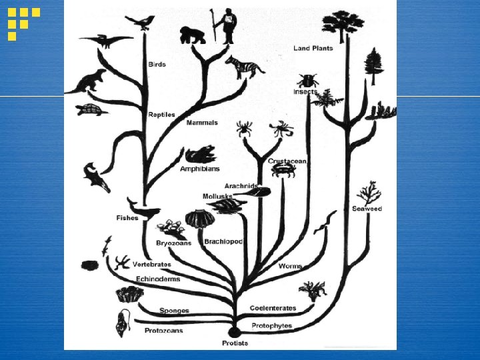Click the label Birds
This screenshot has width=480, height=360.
pyautogui.click(x=157, y=65)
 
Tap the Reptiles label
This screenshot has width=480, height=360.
pyautogui.click(x=161, y=115)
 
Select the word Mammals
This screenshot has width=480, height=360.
pyautogui.click(x=202, y=123)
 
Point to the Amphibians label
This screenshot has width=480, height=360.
pyautogui.click(x=199, y=169)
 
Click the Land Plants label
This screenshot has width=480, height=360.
pyautogui.click(x=313, y=48)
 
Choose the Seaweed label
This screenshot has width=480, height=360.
pyautogui.click(x=367, y=209)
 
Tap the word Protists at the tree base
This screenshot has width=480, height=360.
pyautogui.click(x=235, y=343)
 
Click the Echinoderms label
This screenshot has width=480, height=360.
pyautogui.click(x=158, y=279)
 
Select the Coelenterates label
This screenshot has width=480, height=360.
pyautogui.click(x=273, y=308)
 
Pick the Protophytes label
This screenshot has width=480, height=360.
pyautogui.click(x=272, y=325)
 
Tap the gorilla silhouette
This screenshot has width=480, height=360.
pyautogui.click(x=193, y=35)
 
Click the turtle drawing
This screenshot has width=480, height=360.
pyautogui.click(x=90, y=109)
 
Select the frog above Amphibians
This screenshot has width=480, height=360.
pyautogui.click(x=199, y=155)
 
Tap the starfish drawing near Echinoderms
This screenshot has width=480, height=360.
pyautogui.click(x=121, y=261)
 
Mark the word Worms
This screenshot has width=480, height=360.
pyautogui.click(x=290, y=266)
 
